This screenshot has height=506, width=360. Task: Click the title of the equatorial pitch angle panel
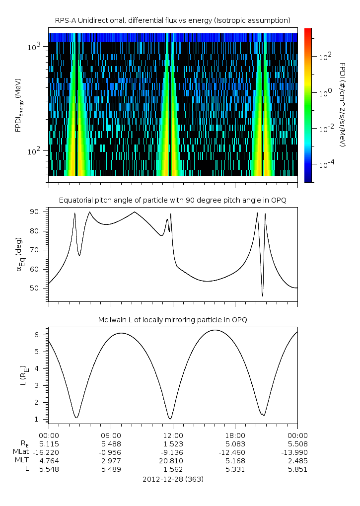pyautogui.click(x=173, y=200)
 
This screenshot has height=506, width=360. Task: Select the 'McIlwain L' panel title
pyautogui.click(x=173, y=320)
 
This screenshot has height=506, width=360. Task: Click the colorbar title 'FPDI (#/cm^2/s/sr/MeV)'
pyautogui.click(x=342, y=105)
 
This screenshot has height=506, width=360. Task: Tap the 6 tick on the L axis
pyautogui.click(x=41, y=335)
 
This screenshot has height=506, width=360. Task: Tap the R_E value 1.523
pyautogui.click(x=173, y=443)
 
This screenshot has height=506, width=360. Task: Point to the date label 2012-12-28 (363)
pyautogui.click(x=173, y=480)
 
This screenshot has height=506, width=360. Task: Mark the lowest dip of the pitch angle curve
pyautogui.click(x=262, y=296)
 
